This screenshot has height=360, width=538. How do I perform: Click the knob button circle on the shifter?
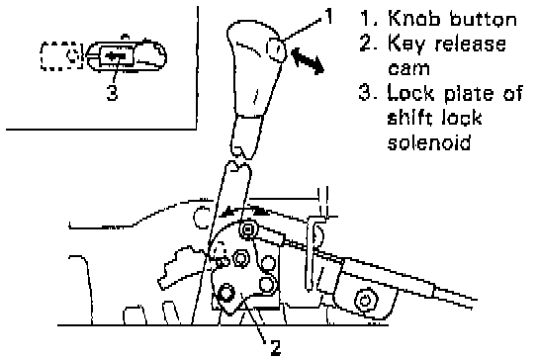point(276,49)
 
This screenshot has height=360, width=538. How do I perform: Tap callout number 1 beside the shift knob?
point(328,16)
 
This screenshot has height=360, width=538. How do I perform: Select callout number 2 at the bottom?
point(276,347)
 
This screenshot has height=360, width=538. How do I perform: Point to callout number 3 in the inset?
point(112,92)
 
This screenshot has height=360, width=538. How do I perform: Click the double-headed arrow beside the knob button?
point(308,61)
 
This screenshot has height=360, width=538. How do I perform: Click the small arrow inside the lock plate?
point(116,55)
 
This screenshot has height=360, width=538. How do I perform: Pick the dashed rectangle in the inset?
point(61,56)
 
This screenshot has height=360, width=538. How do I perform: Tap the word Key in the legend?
point(405,45)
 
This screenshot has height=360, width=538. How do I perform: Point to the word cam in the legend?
point(408,68)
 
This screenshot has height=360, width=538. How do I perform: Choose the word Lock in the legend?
point(410,93)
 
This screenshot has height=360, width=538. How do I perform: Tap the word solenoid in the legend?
point(429,141)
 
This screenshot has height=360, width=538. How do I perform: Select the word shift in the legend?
point(409,117)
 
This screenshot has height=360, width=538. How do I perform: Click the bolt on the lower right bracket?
point(364,301)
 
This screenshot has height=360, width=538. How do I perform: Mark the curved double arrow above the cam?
point(244,210)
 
